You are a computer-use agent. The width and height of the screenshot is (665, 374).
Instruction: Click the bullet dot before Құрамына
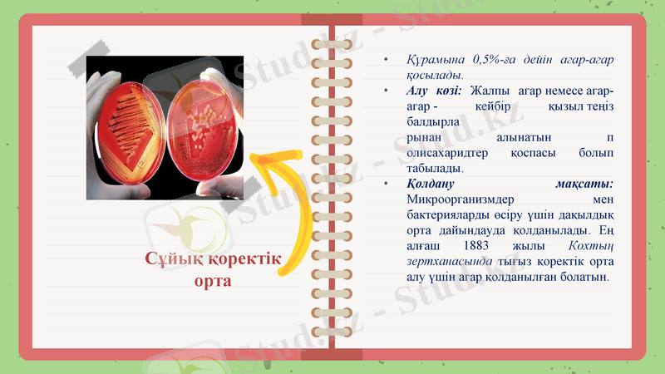click(x=386, y=62)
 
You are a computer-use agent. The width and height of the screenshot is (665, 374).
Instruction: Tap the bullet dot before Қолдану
click(x=386, y=184)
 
